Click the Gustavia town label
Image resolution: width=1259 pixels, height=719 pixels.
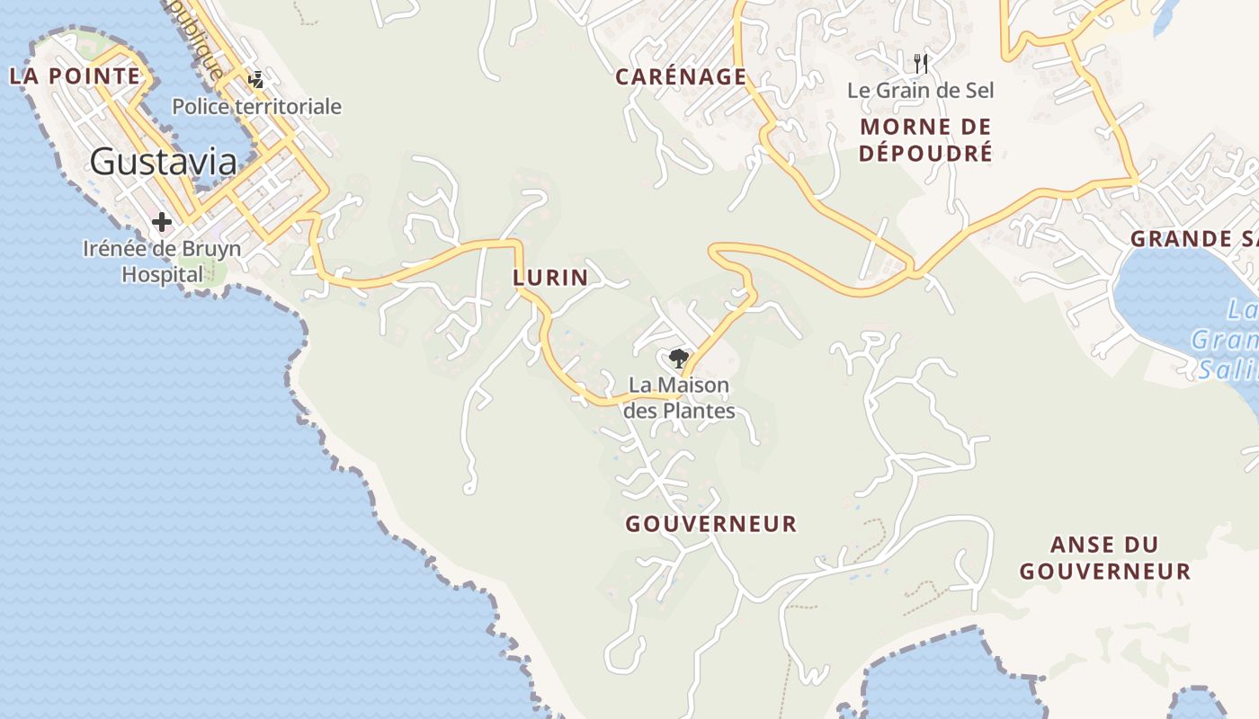tap(164, 162)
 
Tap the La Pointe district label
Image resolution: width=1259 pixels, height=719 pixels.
tap(76, 76)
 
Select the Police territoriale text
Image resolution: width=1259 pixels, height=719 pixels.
tap(256, 107)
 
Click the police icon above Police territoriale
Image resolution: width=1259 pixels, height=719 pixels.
tap(256, 80)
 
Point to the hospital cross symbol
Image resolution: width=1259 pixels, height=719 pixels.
tap(162, 221)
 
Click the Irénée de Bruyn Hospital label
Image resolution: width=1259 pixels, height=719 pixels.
tap(162, 261)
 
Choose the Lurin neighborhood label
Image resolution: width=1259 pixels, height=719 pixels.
tap(550, 278)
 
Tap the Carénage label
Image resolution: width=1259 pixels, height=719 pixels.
tap(681, 77)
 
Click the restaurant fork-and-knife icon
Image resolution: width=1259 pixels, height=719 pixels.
tap(920, 63)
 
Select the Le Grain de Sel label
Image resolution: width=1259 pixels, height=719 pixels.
tap(920, 91)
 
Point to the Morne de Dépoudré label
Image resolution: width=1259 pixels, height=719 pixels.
tap(925, 139)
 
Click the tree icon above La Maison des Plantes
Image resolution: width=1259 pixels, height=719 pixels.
tap(678, 359)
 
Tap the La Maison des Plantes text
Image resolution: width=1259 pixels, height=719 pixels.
tap(679, 397)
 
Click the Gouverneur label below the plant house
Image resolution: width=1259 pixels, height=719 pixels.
tap(711, 524)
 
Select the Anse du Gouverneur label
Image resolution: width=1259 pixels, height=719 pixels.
tap(1105, 557)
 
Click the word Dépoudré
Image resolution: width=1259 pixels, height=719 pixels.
tap(925, 153)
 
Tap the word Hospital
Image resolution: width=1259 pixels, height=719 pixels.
tap(163, 274)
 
